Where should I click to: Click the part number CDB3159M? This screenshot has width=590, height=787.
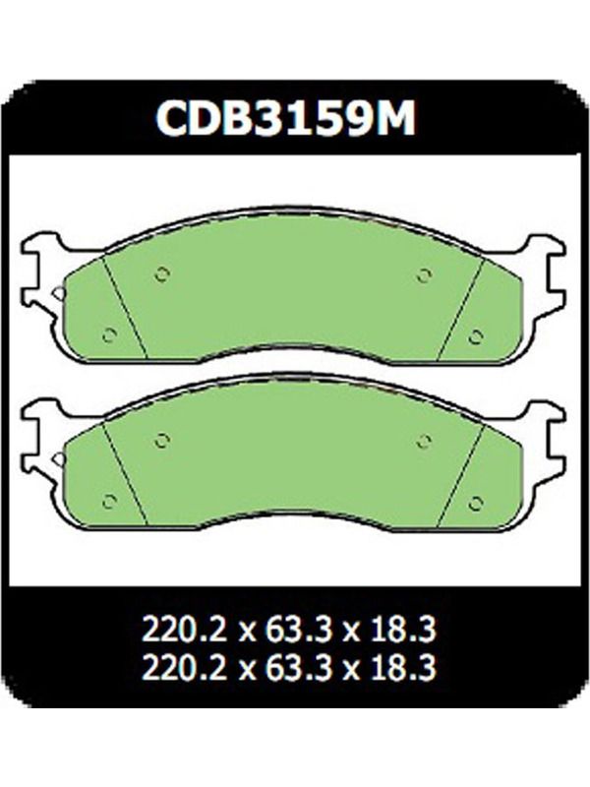point(285,118)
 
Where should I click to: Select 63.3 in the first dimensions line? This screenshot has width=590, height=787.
point(288,630)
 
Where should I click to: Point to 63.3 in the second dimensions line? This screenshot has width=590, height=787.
point(288,668)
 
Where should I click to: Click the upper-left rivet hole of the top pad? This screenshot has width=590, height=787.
point(161,274)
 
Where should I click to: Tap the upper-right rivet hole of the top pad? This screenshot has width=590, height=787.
point(424,274)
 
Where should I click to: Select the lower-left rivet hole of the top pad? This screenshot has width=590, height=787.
point(109,334)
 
